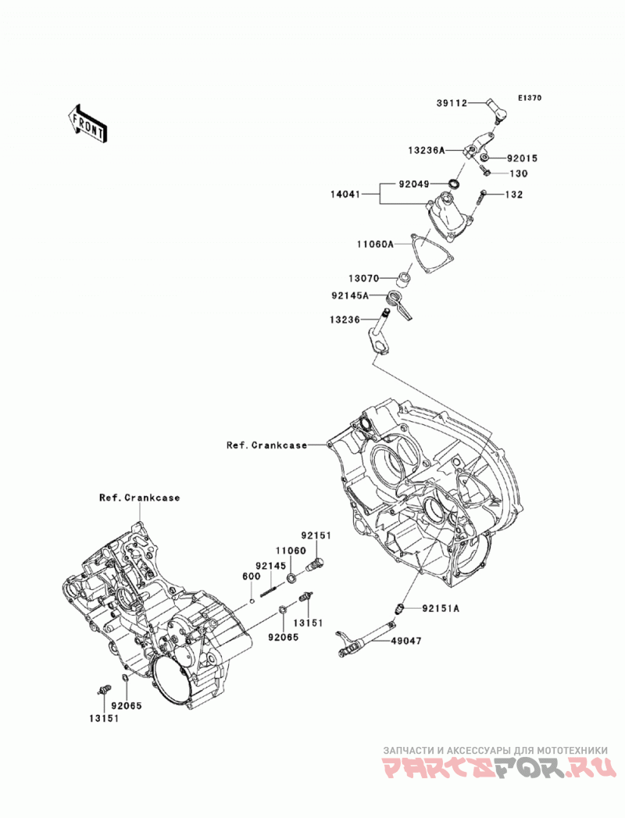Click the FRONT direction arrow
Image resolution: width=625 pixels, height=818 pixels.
coord(87,123)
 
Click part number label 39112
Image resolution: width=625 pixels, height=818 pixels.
coord(452,103)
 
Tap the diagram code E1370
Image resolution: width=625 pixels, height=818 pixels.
coord(530,98)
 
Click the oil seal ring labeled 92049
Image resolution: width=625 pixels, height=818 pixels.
coord(455,184)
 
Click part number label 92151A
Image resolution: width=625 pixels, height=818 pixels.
coord(441,609)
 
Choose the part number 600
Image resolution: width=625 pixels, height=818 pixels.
coord(251,577)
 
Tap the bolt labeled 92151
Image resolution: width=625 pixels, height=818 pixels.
coord(316,563)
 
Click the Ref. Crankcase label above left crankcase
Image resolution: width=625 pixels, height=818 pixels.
coord(139,498)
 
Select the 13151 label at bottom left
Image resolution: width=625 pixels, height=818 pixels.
coord(103,718)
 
